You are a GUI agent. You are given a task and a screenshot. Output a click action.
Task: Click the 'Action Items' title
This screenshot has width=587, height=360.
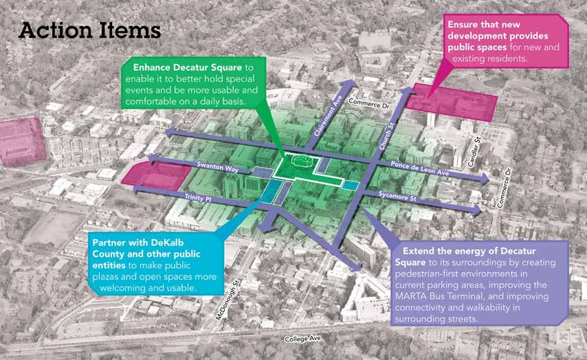pos(89,30)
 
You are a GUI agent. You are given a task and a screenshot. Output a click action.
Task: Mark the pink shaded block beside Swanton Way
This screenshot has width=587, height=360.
pos(153,177)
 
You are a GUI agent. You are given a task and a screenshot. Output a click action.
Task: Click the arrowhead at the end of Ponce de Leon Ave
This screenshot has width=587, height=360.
pos(485,179)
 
